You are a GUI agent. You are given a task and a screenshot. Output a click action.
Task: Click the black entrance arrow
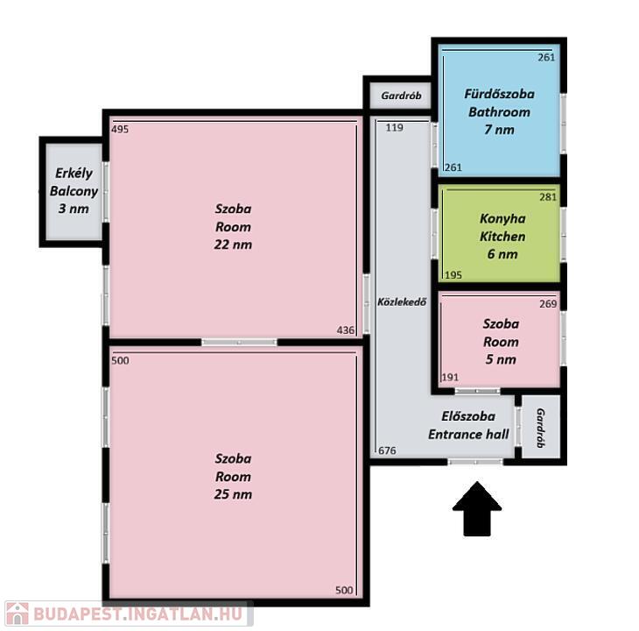pyautogui.click(x=477, y=509)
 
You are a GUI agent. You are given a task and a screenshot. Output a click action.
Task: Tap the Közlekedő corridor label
pyautogui.click(x=402, y=301)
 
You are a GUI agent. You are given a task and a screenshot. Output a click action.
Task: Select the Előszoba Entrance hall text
pyautogui.click(x=468, y=425)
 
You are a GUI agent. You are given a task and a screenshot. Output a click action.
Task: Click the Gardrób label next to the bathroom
pyautogui.click(x=402, y=96)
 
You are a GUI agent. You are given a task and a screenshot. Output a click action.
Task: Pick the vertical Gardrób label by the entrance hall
pyautogui.click(x=540, y=428)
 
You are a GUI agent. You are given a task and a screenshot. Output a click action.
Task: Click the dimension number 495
pyautogui.click(x=120, y=130)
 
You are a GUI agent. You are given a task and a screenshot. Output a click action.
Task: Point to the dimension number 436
pyautogui.click(x=346, y=330)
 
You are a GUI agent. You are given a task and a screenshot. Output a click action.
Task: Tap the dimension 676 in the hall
pyautogui.click(x=387, y=450)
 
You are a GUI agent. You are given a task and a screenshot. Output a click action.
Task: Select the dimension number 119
pyautogui.click(x=395, y=128)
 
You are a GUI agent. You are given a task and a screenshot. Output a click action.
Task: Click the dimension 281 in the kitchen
pyautogui.click(x=548, y=197)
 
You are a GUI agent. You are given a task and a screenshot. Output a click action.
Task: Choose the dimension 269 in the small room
pyautogui.click(x=548, y=304)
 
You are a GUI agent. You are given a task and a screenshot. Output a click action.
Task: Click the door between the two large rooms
pyautogui.click(x=240, y=342)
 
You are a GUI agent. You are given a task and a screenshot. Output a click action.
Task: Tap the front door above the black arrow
pyautogui.click(x=475, y=462)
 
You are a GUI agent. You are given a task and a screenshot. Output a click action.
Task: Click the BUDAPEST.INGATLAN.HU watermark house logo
pyautogui.click(x=18, y=613)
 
